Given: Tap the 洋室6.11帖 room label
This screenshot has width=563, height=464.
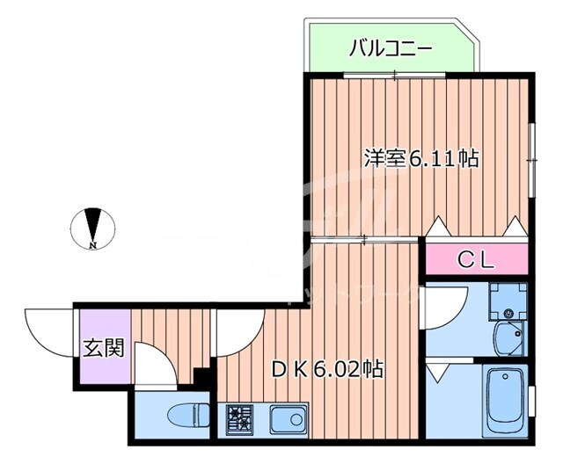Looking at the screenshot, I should point(421,159).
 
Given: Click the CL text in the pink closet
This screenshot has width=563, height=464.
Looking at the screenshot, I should point(479,259).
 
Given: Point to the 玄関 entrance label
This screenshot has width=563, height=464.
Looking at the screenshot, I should point(103,348).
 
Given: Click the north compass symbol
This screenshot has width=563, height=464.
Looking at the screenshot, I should point(92,226).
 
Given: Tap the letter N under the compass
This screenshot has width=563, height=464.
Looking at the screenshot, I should point(92,246).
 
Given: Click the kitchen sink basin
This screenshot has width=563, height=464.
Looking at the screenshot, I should point(288,419).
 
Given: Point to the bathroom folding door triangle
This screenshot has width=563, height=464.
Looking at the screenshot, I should point(437,373).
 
